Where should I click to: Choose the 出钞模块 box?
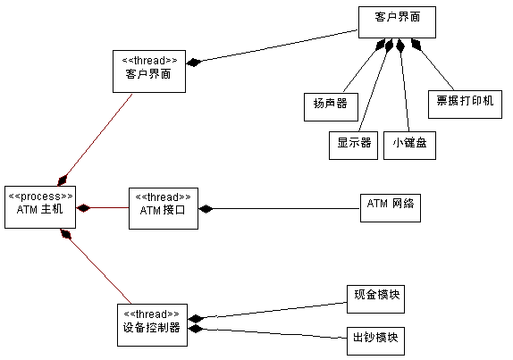coord(375,340)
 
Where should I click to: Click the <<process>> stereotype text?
coord(40,196)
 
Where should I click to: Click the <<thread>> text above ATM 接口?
coord(162,197)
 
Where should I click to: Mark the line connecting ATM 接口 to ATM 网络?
coord(286,209)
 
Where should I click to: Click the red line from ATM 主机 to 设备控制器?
coord(94,271)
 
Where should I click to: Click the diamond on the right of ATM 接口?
coord(206,209)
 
